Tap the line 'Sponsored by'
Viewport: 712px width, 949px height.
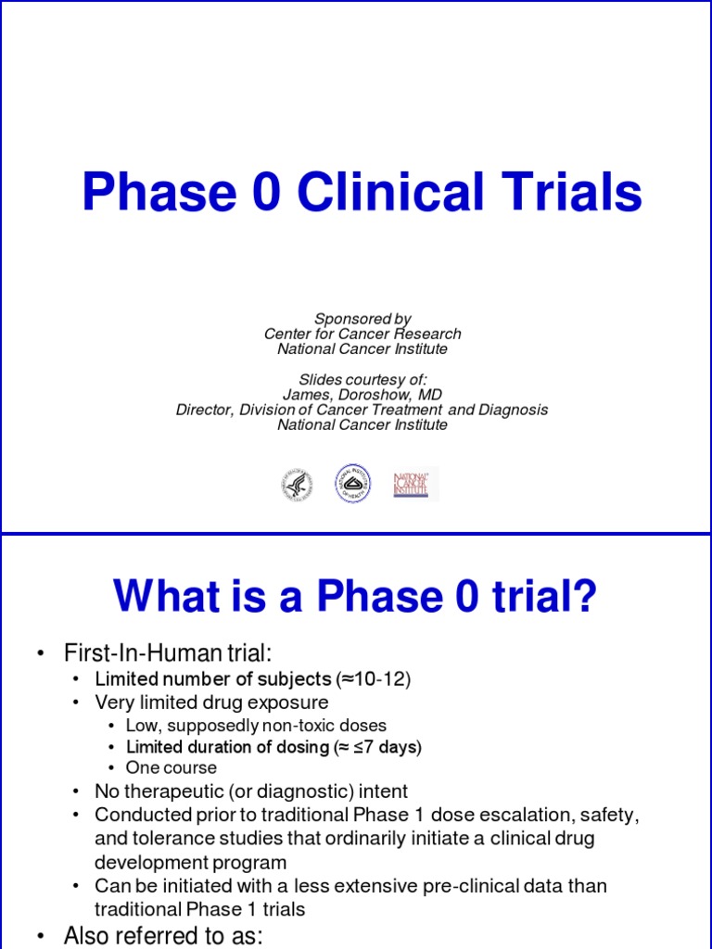pos(362,319)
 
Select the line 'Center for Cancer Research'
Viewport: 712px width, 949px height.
pos(362,334)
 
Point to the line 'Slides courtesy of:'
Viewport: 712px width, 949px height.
pos(362,380)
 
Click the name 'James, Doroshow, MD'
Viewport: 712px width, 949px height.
pos(362,395)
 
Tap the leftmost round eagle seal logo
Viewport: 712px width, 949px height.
pos(297,485)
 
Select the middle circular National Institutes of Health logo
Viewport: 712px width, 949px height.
pos(352,484)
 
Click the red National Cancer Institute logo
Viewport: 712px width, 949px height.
pos(413,485)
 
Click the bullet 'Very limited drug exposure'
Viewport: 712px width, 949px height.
pos(211,702)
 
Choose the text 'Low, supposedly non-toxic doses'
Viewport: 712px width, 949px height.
pos(256,726)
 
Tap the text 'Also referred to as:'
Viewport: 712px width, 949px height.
pos(163,936)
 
